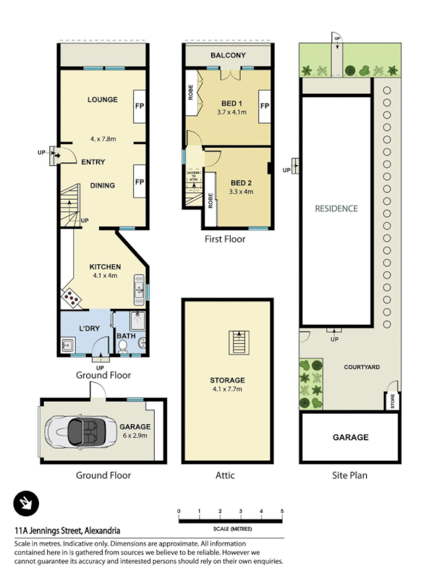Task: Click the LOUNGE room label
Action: (x=103, y=100)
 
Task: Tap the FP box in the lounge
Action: (x=139, y=107)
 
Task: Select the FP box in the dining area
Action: (x=139, y=182)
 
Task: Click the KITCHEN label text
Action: (x=106, y=267)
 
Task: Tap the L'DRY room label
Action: (x=89, y=329)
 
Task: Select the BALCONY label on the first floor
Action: (x=228, y=56)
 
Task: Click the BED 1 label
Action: (x=231, y=103)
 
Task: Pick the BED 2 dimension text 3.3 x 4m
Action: (x=241, y=192)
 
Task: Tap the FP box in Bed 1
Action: (x=265, y=106)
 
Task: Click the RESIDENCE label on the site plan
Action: (x=336, y=208)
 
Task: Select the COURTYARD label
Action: (x=362, y=367)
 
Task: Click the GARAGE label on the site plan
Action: (x=350, y=437)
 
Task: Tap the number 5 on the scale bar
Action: (x=282, y=512)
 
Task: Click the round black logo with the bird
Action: (x=26, y=504)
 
